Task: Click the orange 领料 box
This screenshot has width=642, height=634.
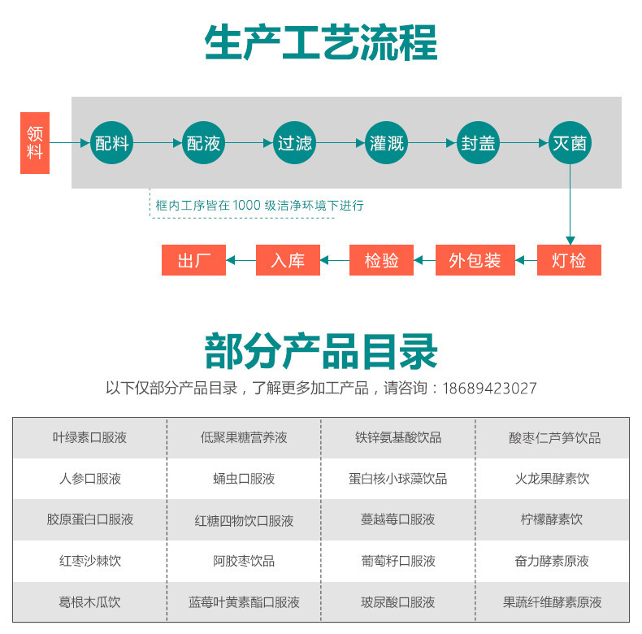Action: click(x=34, y=143)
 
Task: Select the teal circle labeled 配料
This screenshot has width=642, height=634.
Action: click(x=112, y=143)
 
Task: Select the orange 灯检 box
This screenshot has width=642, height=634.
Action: click(x=569, y=260)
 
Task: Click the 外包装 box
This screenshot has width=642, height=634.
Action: click(x=475, y=260)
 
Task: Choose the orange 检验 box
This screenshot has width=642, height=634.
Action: click(x=382, y=260)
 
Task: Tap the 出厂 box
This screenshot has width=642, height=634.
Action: click(x=194, y=260)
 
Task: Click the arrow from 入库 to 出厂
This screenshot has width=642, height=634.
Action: click(x=241, y=260)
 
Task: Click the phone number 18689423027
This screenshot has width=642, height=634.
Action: click(x=489, y=389)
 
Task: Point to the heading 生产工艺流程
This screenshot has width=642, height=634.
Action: click(x=321, y=42)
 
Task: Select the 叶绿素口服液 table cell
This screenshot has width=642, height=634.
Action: click(x=89, y=437)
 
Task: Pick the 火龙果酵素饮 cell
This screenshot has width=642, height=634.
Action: click(x=553, y=479)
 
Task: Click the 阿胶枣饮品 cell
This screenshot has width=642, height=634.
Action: click(x=244, y=561)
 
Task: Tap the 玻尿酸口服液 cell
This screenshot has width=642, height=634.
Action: click(x=398, y=602)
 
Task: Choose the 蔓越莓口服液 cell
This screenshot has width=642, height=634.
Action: click(x=398, y=519)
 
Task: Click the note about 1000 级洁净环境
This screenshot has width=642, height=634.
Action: click(x=259, y=206)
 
